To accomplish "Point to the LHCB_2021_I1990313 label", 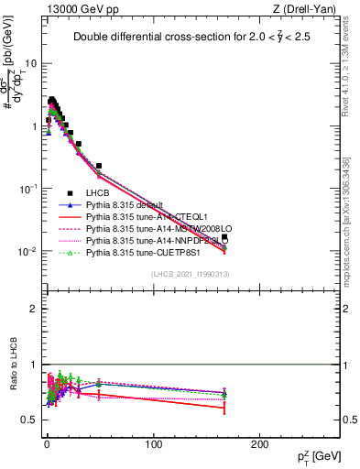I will pos(190,275).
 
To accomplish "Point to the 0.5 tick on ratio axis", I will pos(30,420).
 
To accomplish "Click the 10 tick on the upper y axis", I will pos(30,64).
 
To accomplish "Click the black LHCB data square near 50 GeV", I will pos(99,166).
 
